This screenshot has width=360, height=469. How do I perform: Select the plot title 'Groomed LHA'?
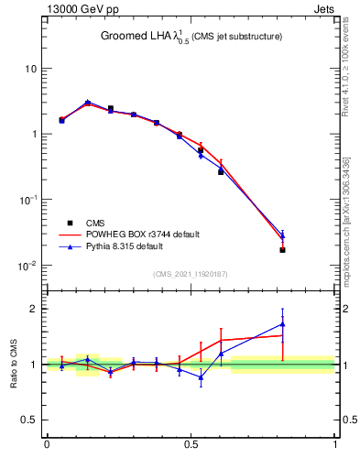[138, 37]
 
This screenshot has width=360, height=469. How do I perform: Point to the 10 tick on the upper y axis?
[31, 69]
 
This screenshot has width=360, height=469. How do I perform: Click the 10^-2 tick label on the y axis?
[28, 266]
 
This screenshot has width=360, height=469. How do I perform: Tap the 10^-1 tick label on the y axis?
[28, 200]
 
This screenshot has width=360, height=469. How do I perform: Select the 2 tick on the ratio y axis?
[35, 309]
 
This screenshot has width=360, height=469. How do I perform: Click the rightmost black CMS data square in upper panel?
[283, 249]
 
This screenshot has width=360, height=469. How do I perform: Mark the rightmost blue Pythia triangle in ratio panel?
[283, 323]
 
